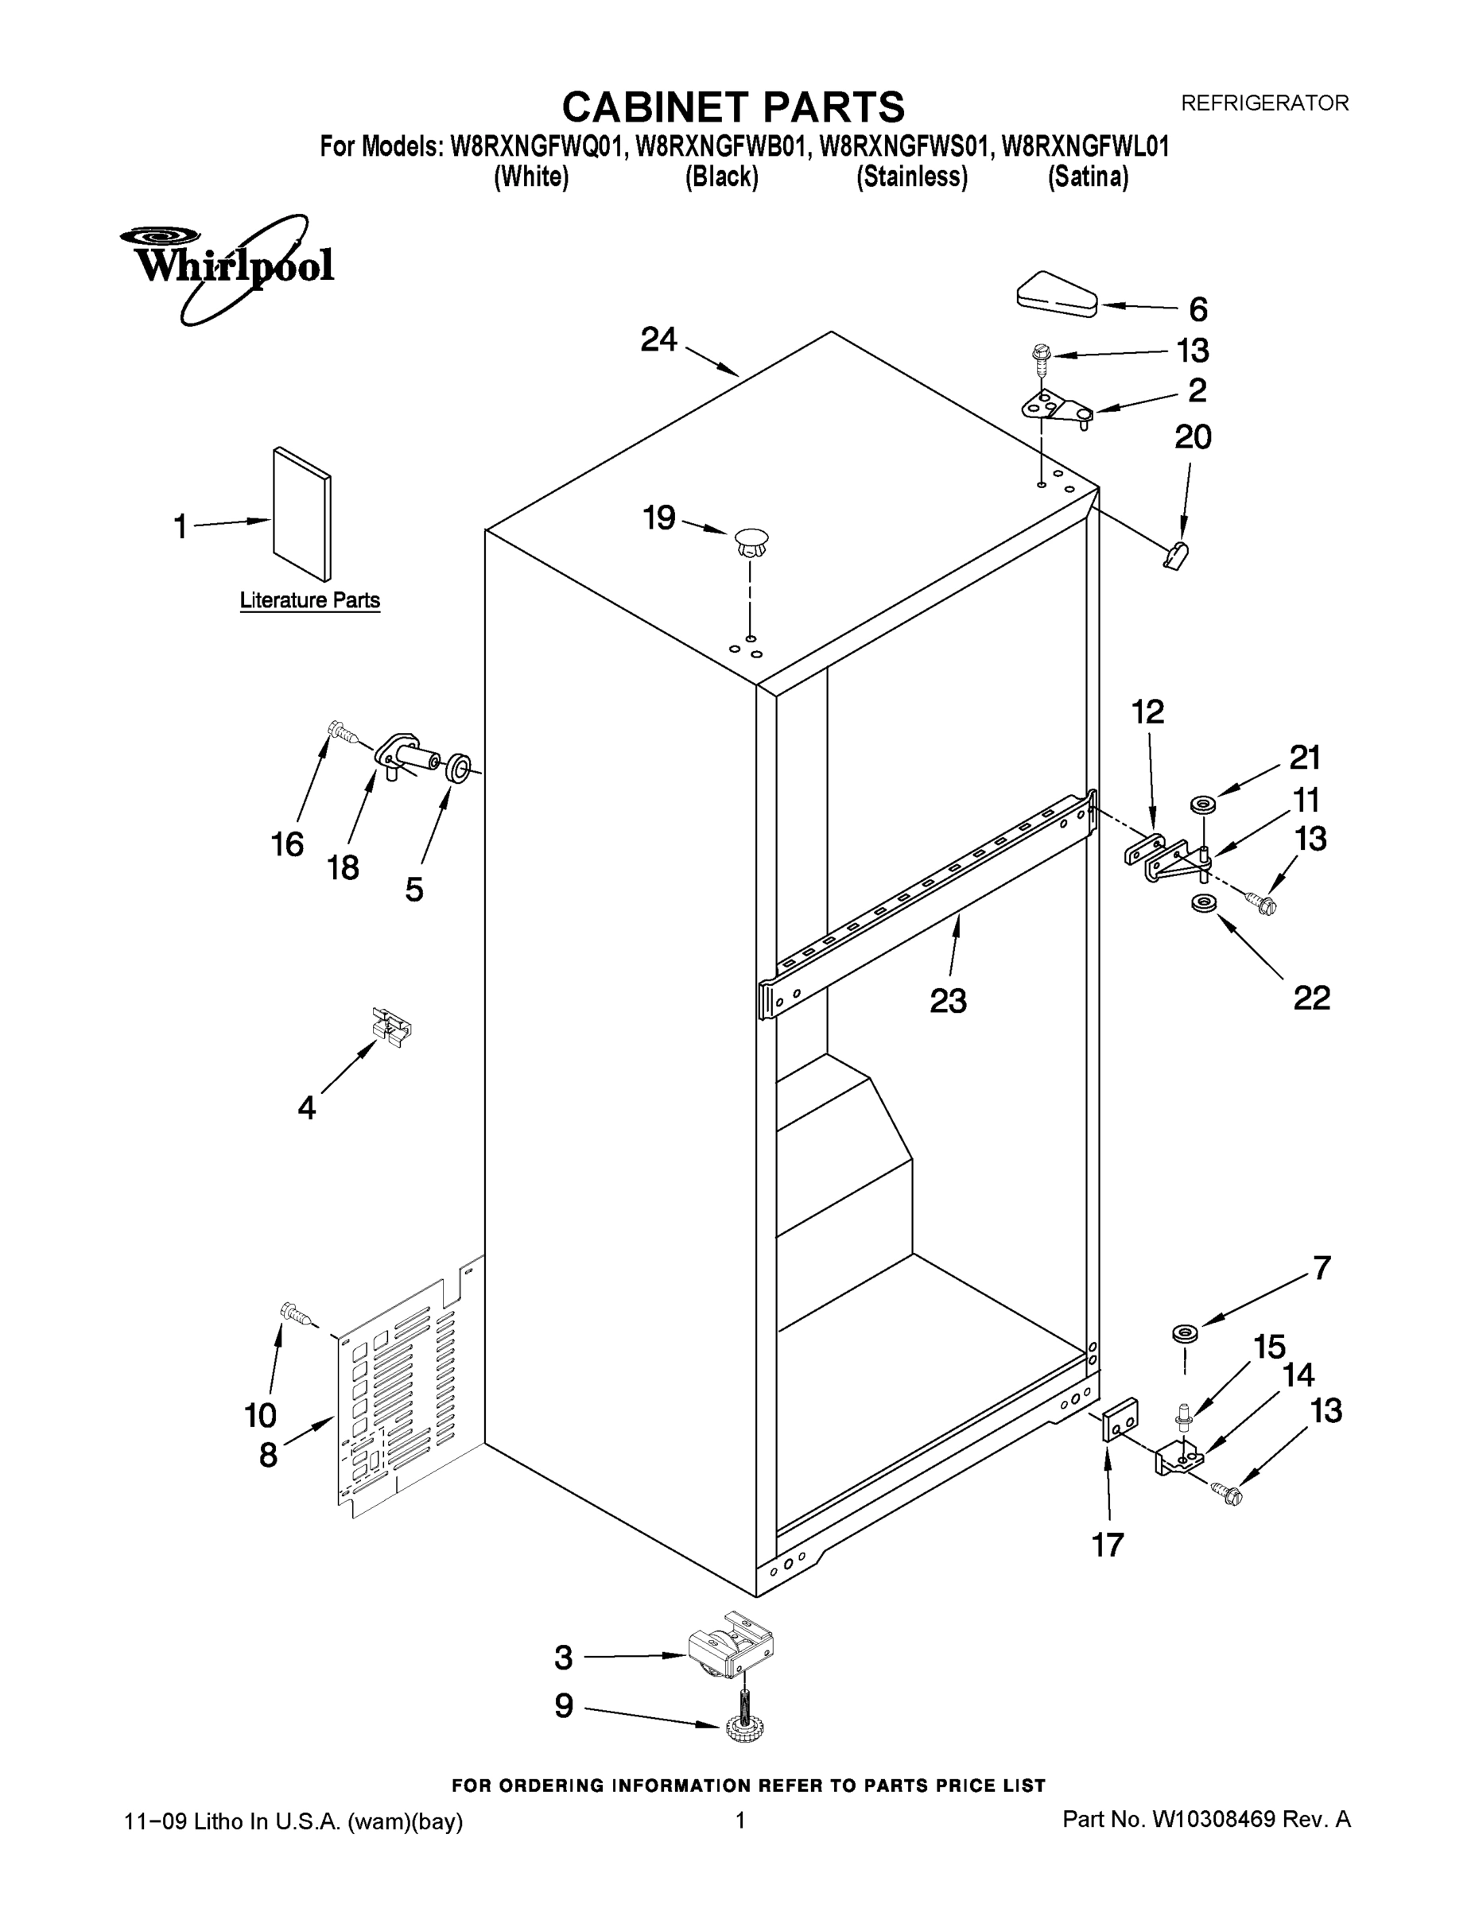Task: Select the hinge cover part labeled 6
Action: pos(1058,293)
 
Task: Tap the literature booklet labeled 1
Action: pos(301,514)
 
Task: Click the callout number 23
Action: pos(947,1000)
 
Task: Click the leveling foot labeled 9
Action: pos(743,1724)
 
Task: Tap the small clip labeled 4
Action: pos(390,1026)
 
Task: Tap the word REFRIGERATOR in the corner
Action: pos(1264,103)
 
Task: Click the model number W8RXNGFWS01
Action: pos(902,146)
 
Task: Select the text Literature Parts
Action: pos(309,600)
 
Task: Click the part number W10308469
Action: pos(1213,1820)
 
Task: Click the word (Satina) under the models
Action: pos(1088,176)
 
